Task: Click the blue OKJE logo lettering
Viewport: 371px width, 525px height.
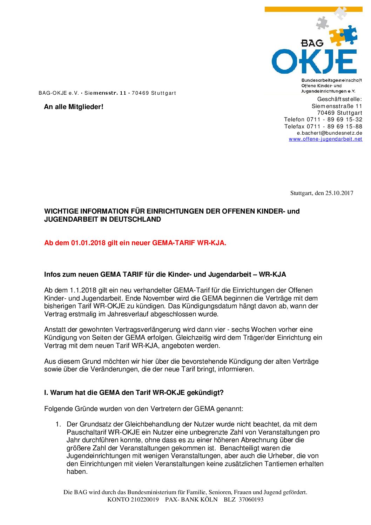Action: click(x=314, y=62)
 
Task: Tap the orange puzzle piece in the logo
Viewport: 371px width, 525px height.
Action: click(x=337, y=37)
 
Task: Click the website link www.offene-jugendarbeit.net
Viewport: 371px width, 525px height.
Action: click(x=325, y=139)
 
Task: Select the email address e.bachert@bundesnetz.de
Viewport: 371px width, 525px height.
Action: click(x=329, y=133)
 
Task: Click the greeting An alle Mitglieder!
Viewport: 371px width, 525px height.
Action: click(x=74, y=107)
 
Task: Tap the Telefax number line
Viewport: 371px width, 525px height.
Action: click(x=323, y=126)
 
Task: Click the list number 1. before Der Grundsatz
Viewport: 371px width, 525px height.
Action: click(x=58, y=424)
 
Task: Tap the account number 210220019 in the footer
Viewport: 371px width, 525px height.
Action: click(x=144, y=499)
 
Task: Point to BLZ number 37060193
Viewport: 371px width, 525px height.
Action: click(x=251, y=499)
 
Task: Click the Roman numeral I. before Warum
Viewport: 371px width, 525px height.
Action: click(x=46, y=393)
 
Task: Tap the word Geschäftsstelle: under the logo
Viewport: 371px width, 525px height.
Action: click(x=339, y=99)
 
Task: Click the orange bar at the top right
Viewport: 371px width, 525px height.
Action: click(x=313, y=9)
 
